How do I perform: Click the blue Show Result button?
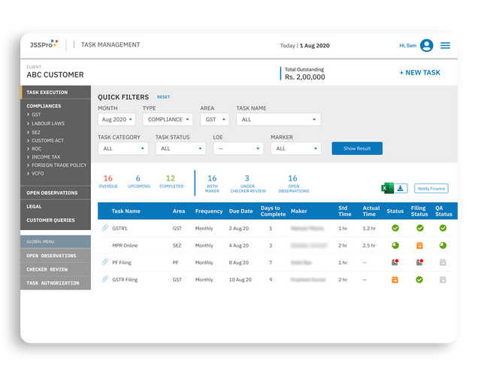(x=357, y=149)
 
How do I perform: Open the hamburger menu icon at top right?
(x=446, y=46)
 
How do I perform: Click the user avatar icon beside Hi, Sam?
(x=427, y=46)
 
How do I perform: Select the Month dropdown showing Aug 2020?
(x=117, y=120)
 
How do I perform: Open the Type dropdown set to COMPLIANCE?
(x=168, y=120)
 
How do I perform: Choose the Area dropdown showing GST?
(x=215, y=120)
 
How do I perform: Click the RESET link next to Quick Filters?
(x=163, y=97)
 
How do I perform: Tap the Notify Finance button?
(x=433, y=189)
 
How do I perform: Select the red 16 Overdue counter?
(x=108, y=181)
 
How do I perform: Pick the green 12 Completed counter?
(x=171, y=181)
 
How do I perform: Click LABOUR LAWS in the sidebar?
(x=48, y=123)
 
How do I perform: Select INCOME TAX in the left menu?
(x=47, y=156)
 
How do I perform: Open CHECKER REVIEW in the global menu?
(x=47, y=269)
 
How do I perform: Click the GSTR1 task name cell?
(x=121, y=228)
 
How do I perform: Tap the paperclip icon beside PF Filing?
(x=104, y=262)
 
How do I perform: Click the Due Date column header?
(x=241, y=211)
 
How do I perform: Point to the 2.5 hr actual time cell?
(x=370, y=245)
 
